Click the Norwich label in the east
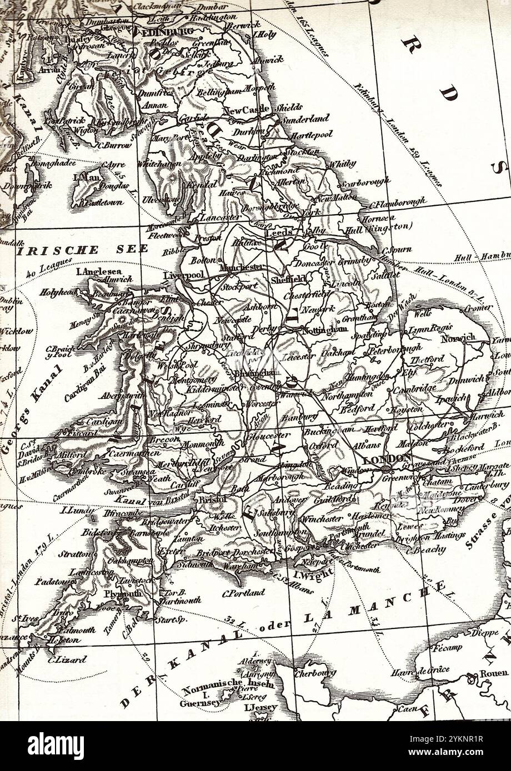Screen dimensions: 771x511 pyautogui.click(x=458, y=338)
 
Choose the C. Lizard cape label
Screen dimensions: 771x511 pyautogui.click(x=67, y=660)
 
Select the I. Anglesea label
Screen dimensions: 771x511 pyautogui.click(x=99, y=271)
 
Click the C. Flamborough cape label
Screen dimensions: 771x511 pyautogui.click(x=398, y=202)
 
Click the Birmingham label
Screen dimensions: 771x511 pyautogui.click(x=255, y=372)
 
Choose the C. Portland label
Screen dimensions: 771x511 pyautogui.click(x=243, y=592)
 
